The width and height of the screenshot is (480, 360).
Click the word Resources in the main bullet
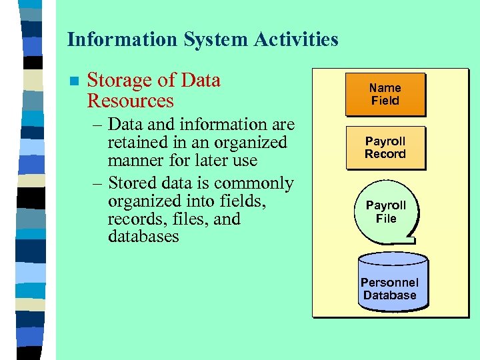coord(130,101)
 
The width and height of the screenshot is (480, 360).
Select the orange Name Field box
coord(385,94)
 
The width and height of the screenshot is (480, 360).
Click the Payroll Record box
coord(385,147)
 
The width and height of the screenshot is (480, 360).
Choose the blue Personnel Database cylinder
coord(391,281)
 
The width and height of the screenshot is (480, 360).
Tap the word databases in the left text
coord(143,237)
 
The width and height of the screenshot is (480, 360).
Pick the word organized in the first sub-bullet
coord(251,143)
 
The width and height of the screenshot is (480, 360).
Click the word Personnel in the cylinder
coord(390,283)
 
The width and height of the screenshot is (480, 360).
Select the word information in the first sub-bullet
coord(212,125)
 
